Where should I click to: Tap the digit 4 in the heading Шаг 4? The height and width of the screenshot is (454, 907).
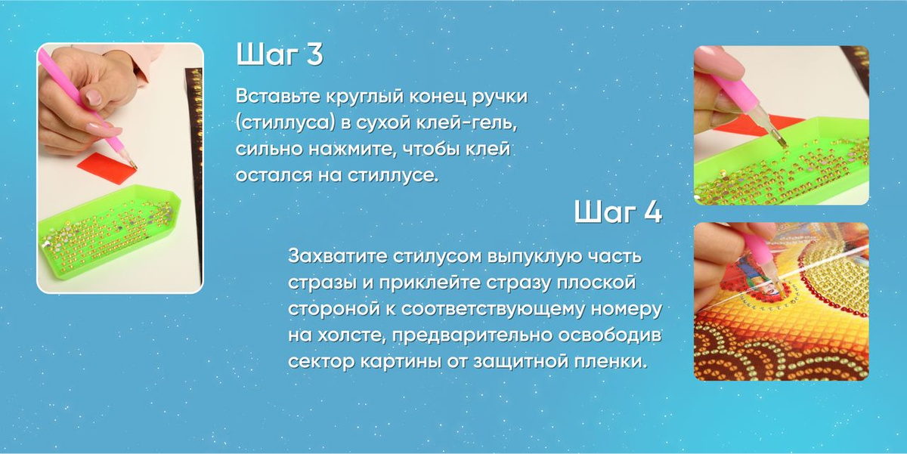(x=652, y=212)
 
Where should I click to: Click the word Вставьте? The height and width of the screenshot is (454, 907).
(x=273, y=97)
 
